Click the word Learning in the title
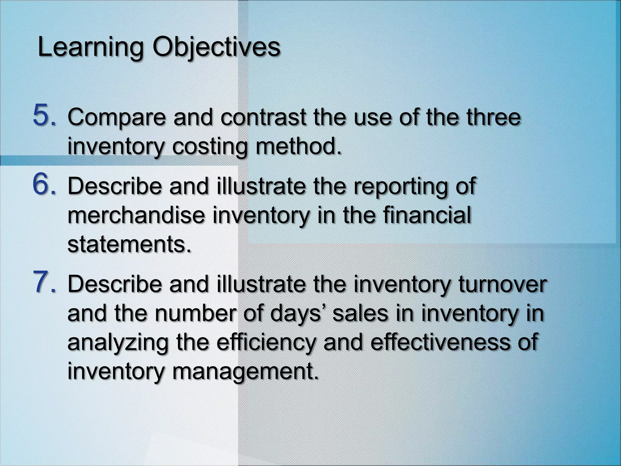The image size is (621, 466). tap(90, 48)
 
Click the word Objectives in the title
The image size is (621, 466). tap(216, 48)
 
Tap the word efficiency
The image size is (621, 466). tap(267, 343)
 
